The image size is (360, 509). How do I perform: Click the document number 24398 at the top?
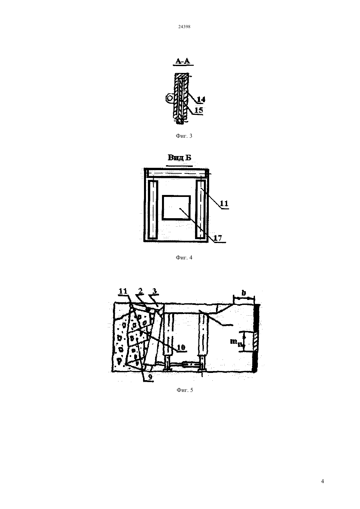pos(184,26)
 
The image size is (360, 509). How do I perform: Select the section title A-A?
pos(183,61)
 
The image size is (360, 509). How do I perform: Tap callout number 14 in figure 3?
pos(201,99)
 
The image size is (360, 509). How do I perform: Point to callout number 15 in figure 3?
pos(199,110)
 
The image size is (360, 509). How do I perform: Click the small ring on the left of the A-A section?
pos(169,98)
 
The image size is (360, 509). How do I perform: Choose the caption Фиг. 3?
pos(184,136)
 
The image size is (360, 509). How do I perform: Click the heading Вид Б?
pos(179,157)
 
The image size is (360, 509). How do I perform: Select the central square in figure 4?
pos(176,208)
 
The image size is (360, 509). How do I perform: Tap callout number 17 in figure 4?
pos(218,238)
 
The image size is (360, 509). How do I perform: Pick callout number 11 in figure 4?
pos(224,203)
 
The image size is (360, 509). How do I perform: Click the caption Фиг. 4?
pos(184,257)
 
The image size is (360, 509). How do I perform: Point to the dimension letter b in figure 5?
pos(243,293)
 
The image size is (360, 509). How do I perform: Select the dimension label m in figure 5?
pos(235,341)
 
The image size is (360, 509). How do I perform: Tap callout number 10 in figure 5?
pos(181,347)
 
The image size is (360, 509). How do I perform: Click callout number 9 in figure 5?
pos(150,377)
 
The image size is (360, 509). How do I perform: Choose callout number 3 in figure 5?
pos(155,291)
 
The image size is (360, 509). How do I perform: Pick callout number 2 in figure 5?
pos(140,290)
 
